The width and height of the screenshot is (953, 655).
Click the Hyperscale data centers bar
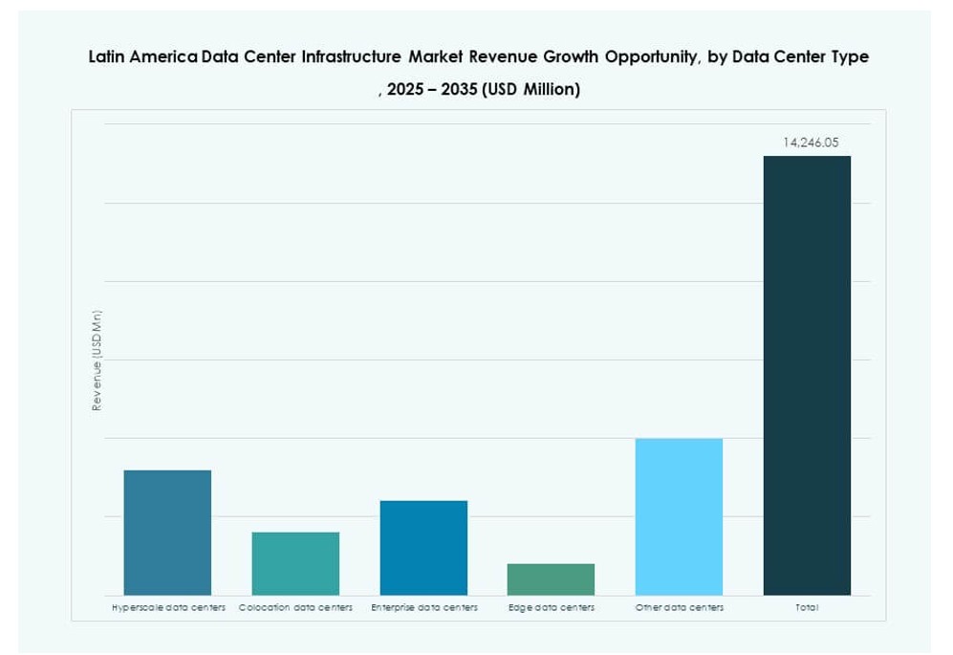coord(168,533)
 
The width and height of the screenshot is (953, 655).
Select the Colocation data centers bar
coord(295,563)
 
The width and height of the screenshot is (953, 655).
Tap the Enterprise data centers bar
coord(423,548)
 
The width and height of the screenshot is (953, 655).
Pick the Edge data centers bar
coord(551,579)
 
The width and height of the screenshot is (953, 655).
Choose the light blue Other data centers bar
coord(679,516)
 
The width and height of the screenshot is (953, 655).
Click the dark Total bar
coord(807,376)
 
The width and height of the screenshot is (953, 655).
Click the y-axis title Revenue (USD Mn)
coord(97,360)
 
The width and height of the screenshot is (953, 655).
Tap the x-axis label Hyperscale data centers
coord(168,608)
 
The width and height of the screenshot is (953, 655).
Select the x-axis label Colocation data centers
coord(295,608)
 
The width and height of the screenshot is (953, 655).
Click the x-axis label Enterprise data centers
coord(424,608)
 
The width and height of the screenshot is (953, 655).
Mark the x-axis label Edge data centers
coord(552,608)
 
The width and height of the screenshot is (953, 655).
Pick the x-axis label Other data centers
coord(680,608)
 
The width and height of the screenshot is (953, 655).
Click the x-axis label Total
coord(807,608)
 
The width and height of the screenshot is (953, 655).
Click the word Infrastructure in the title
coord(351,57)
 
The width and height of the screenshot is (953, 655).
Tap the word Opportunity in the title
coord(642,57)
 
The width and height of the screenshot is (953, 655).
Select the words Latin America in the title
coord(143,57)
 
